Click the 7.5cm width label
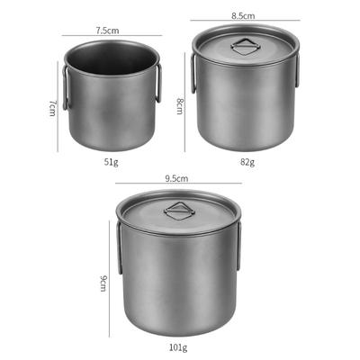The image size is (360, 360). coord(107,31)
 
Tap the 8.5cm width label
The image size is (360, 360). coord(243,15)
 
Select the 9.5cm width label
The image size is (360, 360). coord(176,178)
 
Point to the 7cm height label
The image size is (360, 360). coord(52,108)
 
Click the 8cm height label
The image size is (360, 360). coord(179,106)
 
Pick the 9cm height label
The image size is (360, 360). coord(103,283)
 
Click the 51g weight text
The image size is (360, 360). coord(111,162)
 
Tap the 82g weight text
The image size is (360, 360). coord(247,162)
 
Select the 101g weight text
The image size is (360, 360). coord(177,347)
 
